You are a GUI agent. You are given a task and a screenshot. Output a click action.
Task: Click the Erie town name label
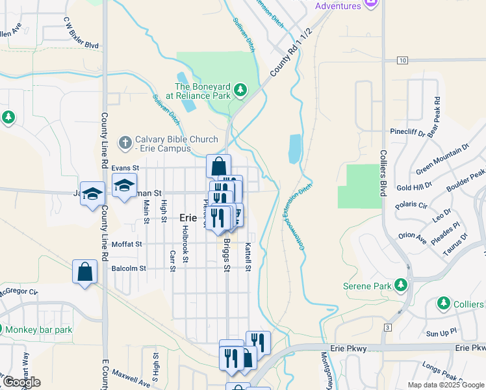[x=188, y=219]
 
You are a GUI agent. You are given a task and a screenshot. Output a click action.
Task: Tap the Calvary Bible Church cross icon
[x=125, y=141]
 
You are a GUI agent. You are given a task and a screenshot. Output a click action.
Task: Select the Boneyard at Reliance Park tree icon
[x=240, y=89]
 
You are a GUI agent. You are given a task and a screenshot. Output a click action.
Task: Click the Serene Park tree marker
[x=401, y=285]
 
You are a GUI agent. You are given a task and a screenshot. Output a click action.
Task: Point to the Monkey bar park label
[x=39, y=330]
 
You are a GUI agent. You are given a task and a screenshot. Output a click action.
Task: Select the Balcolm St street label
[x=129, y=268]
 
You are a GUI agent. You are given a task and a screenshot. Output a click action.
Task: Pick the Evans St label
[x=125, y=168]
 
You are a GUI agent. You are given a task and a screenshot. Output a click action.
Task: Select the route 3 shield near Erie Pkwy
[x=387, y=327]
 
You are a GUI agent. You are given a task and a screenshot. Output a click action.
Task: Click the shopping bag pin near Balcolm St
[x=85, y=272]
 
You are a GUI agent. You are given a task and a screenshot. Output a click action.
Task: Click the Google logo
[x=21, y=382]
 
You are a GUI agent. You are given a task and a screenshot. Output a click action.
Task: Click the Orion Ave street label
[x=413, y=239]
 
